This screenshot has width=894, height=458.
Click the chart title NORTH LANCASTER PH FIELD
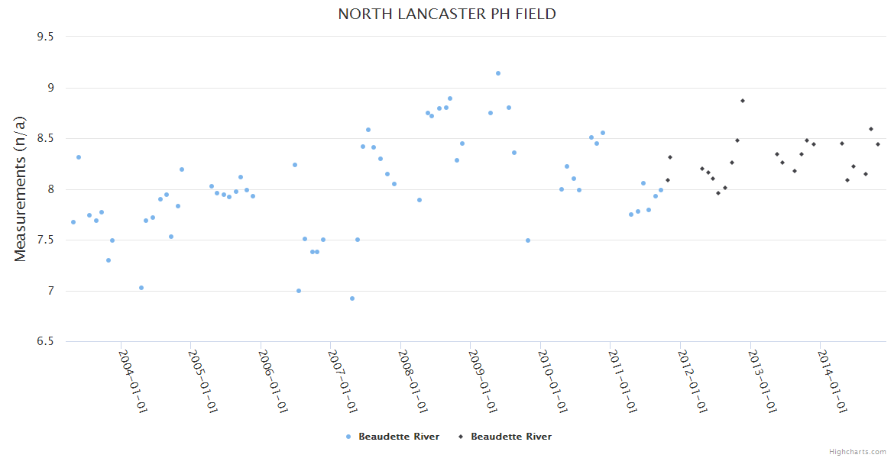pyautogui.click(x=447, y=15)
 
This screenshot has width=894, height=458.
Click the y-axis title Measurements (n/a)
pyautogui.click(x=21, y=189)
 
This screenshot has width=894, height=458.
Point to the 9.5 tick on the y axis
pyautogui.click(x=51, y=37)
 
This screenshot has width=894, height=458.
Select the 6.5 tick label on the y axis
pyautogui.click(x=51, y=341)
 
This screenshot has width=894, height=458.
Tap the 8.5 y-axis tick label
pyautogui.click(x=51, y=138)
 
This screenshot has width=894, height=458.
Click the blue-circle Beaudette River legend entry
pyautogui.click(x=393, y=437)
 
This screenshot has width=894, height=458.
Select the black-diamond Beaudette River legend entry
pyautogui.click(x=505, y=437)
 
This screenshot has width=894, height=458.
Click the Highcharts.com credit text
pyautogui.click(x=857, y=451)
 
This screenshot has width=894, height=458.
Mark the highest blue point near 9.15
pyautogui.click(x=498, y=73)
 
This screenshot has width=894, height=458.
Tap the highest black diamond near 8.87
pyautogui.click(x=742, y=101)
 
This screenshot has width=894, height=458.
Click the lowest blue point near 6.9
pyautogui.click(x=352, y=298)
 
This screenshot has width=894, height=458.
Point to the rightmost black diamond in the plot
pyautogui.click(x=878, y=144)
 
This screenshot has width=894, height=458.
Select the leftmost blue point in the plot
pyautogui.click(x=73, y=222)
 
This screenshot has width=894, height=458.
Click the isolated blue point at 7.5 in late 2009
pyautogui.click(x=528, y=240)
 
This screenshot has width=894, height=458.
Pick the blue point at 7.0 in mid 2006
pyautogui.click(x=299, y=291)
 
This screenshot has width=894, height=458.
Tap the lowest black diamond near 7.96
pyautogui.click(x=718, y=193)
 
